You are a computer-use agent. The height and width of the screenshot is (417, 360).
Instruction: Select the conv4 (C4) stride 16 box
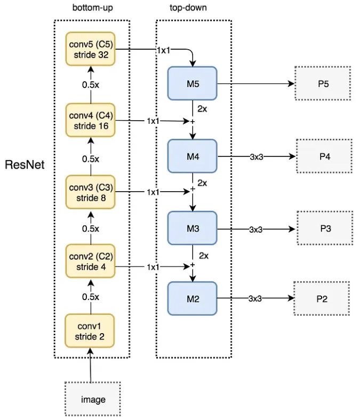tap(91, 121)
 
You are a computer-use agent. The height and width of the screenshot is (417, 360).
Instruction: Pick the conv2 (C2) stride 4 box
tap(91, 261)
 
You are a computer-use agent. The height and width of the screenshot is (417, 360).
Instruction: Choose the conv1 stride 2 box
tap(91, 331)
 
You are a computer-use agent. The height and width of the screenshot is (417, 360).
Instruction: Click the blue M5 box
tap(193, 83)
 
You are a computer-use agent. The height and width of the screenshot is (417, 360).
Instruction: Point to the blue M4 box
tap(193, 156)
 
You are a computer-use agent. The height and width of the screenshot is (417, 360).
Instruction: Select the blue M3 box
tap(193, 229)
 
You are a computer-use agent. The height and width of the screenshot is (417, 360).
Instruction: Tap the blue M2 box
tap(193, 298)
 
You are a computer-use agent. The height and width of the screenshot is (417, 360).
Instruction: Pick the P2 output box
tap(322, 298)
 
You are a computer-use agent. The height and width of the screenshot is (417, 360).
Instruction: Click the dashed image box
tap(93, 399)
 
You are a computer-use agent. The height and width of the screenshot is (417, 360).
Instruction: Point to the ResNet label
tap(24, 164)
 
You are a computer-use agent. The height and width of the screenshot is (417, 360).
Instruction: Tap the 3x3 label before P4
tap(255, 157)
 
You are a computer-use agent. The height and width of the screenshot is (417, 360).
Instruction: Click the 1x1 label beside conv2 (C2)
tap(154, 265)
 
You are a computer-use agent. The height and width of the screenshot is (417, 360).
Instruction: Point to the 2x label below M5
tap(203, 108)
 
